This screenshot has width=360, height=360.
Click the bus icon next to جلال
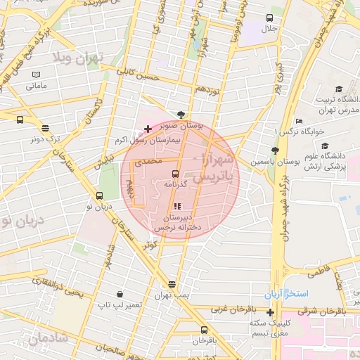pyautogui.click(x=269, y=18)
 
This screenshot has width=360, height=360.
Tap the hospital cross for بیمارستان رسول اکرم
pyautogui.click(x=147, y=129)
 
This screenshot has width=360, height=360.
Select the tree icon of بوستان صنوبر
pyautogui.click(x=182, y=114)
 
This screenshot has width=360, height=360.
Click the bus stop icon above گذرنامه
pyautogui.click(x=175, y=173)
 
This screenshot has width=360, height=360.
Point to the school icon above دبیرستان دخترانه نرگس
pyautogui.click(x=176, y=206)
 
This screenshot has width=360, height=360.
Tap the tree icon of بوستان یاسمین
pyautogui.click(x=275, y=150)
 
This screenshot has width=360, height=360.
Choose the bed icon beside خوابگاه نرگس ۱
pyautogui.click(x=299, y=121)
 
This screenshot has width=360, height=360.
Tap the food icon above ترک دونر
pyautogui.click(x=46, y=128)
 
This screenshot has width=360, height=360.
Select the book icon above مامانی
pyautogui.click(x=36, y=75)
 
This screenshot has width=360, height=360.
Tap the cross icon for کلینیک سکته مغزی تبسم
pyautogui.click(x=270, y=311)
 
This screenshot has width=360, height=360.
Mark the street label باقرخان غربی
pyautogui.click(x=226, y=309)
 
